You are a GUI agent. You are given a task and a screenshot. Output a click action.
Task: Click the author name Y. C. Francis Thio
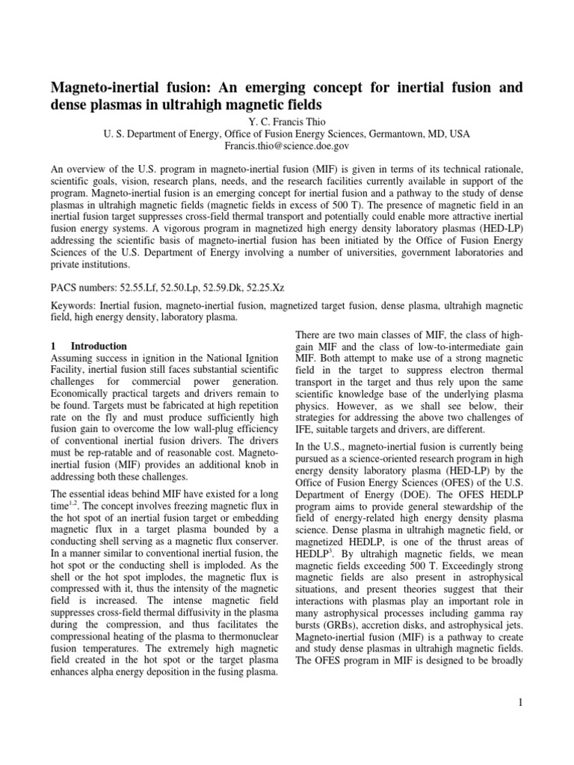pos(287,120)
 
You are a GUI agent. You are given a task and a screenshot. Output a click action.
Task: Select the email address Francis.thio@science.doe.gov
pos(287,146)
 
